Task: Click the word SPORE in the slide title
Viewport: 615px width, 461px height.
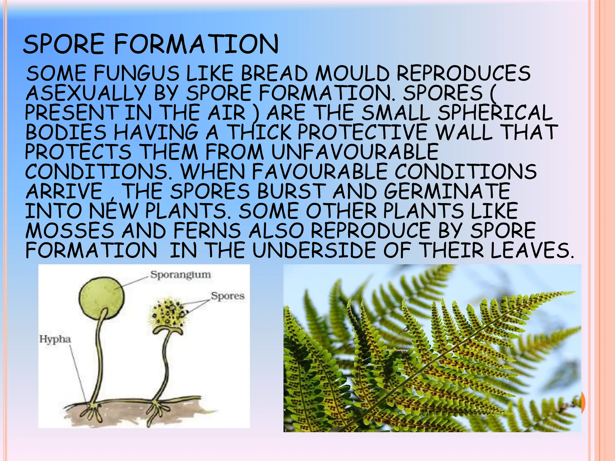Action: [x=64, y=44]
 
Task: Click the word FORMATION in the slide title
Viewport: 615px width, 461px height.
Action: [x=196, y=44]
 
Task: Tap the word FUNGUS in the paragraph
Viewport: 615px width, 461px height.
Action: [x=137, y=74]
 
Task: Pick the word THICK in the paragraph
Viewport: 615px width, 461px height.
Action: [x=259, y=132]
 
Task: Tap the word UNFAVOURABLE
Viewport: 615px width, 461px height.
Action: [x=355, y=152]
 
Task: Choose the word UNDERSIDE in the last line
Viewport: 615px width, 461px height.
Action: [x=314, y=250]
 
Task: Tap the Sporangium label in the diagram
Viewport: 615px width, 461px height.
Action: [x=180, y=275]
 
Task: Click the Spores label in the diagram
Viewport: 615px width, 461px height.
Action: [x=228, y=296]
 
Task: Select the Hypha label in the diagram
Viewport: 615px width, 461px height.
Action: [x=55, y=339]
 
